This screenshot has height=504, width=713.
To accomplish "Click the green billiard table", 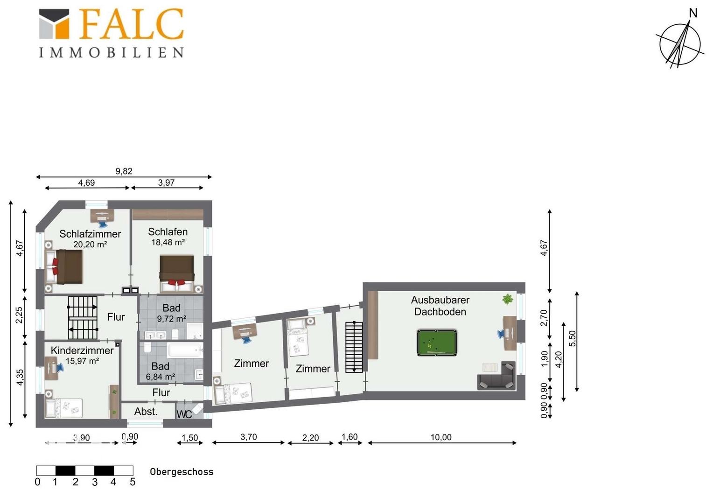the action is pos(437,343).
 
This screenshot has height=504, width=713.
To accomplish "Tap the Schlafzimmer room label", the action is pos(90,234).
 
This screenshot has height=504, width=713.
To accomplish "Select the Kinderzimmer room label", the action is pos(82,350).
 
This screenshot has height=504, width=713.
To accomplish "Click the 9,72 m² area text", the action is pos(171,318).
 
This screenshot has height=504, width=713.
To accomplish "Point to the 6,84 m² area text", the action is pos(161,377).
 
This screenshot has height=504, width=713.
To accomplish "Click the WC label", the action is pos(184,414).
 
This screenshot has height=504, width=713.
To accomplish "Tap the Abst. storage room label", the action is pos(146,412).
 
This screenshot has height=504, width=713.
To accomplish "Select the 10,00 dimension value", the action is pos(441,437).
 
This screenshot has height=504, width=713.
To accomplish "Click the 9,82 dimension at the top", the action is pos(124,171).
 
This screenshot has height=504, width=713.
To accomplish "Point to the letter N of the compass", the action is pos(693,13).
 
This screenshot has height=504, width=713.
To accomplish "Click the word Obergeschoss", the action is pos(182,472).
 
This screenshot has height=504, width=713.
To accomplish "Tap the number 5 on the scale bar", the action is pos(133,482).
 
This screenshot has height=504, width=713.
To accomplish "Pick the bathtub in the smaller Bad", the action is pos(185,350).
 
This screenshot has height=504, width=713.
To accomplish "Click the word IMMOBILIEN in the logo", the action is pos(112,53).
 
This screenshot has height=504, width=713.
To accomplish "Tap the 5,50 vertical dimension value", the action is pos(572,339).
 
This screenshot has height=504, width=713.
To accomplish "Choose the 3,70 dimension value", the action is pos(249,437).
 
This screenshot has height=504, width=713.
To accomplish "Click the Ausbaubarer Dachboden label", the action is pos(440,306).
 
